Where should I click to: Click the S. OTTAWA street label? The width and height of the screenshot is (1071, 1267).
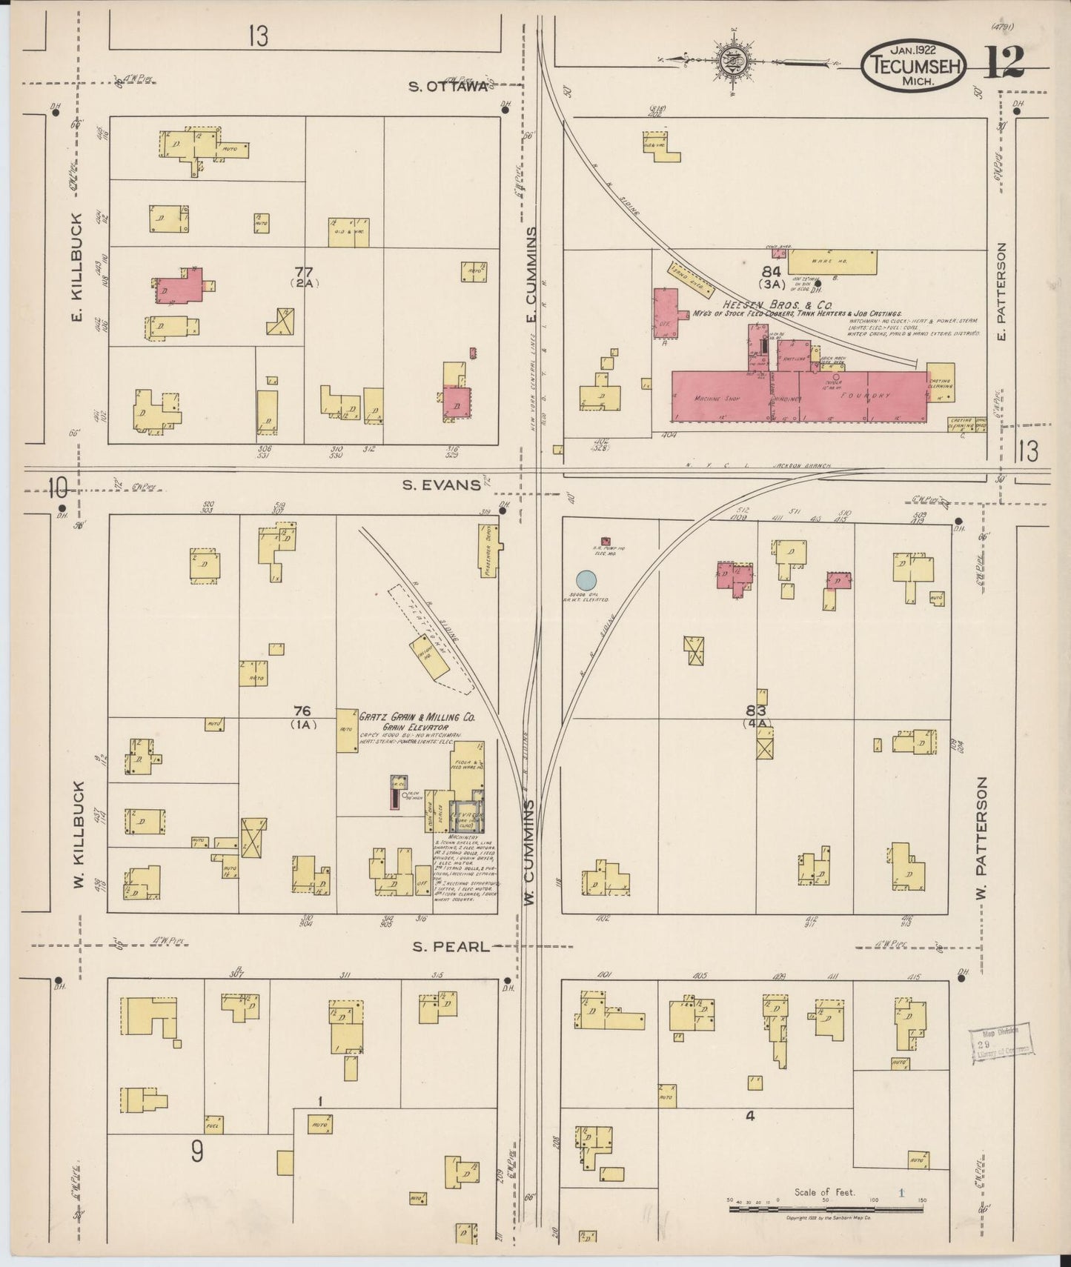[x=448, y=87]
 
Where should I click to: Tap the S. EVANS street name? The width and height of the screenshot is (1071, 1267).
[x=441, y=485]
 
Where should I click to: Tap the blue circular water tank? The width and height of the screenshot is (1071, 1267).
[x=586, y=580]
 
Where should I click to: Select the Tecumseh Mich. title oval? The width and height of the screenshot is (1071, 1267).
[x=912, y=65]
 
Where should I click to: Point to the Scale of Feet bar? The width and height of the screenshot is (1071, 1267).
[x=826, y=1208]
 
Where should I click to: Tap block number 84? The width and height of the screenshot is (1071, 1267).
[x=772, y=272]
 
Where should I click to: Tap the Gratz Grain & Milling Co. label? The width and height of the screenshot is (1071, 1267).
[x=417, y=718]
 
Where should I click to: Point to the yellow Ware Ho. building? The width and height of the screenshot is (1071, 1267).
[x=832, y=262]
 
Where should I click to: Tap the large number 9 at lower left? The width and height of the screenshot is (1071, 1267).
[x=197, y=1152]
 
